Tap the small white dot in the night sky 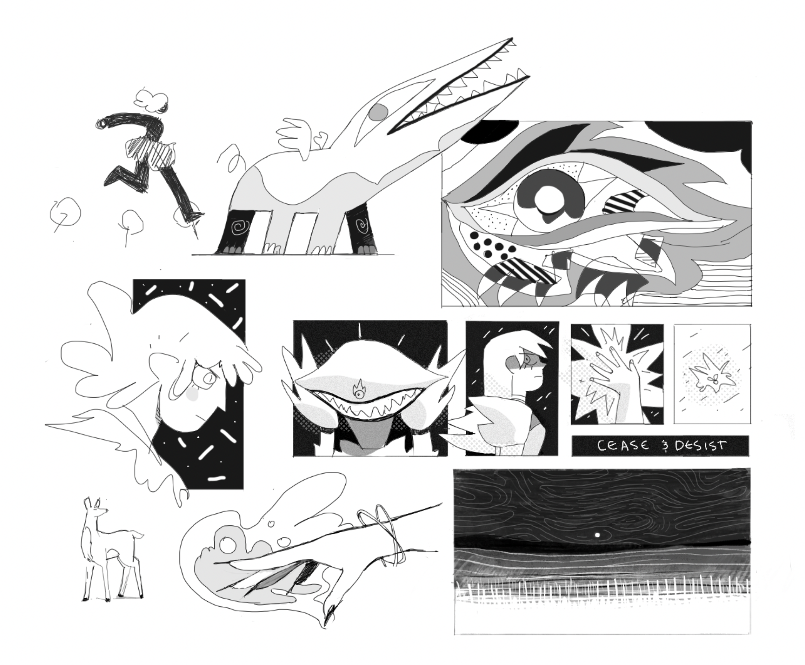[597, 535]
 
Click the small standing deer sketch [111, 552]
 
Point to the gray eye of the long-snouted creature [378, 112]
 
